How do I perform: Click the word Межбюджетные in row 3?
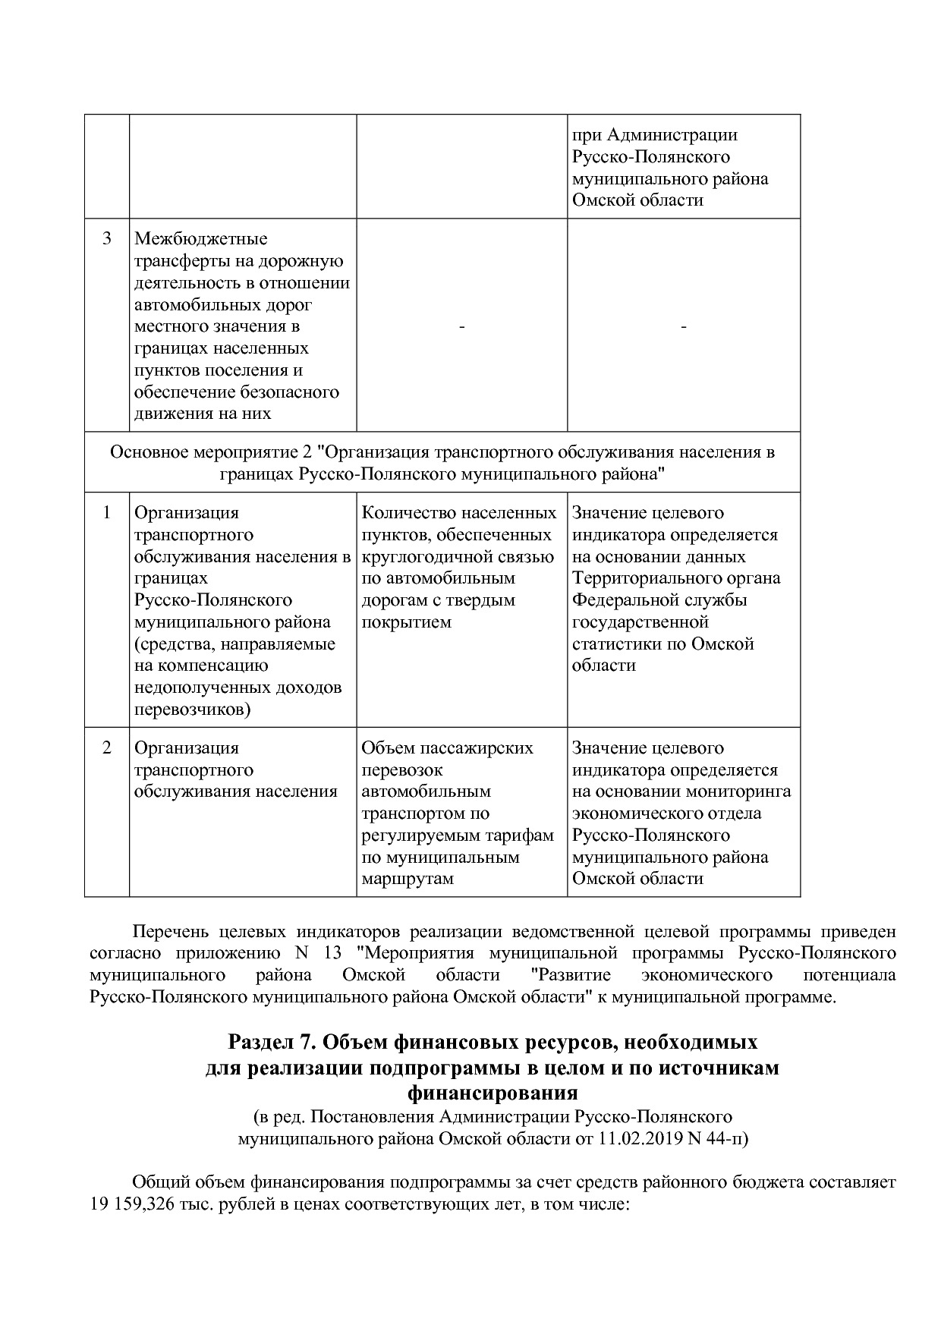[x=200, y=239]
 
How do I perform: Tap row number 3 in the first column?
[x=107, y=239]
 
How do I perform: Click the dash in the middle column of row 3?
[x=461, y=326]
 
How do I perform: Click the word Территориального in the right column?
[x=638, y=578]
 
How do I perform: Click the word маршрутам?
[x=408, y=879]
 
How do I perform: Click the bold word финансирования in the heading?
[x=493, y=1093]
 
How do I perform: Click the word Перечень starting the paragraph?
[x=171, y=931]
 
